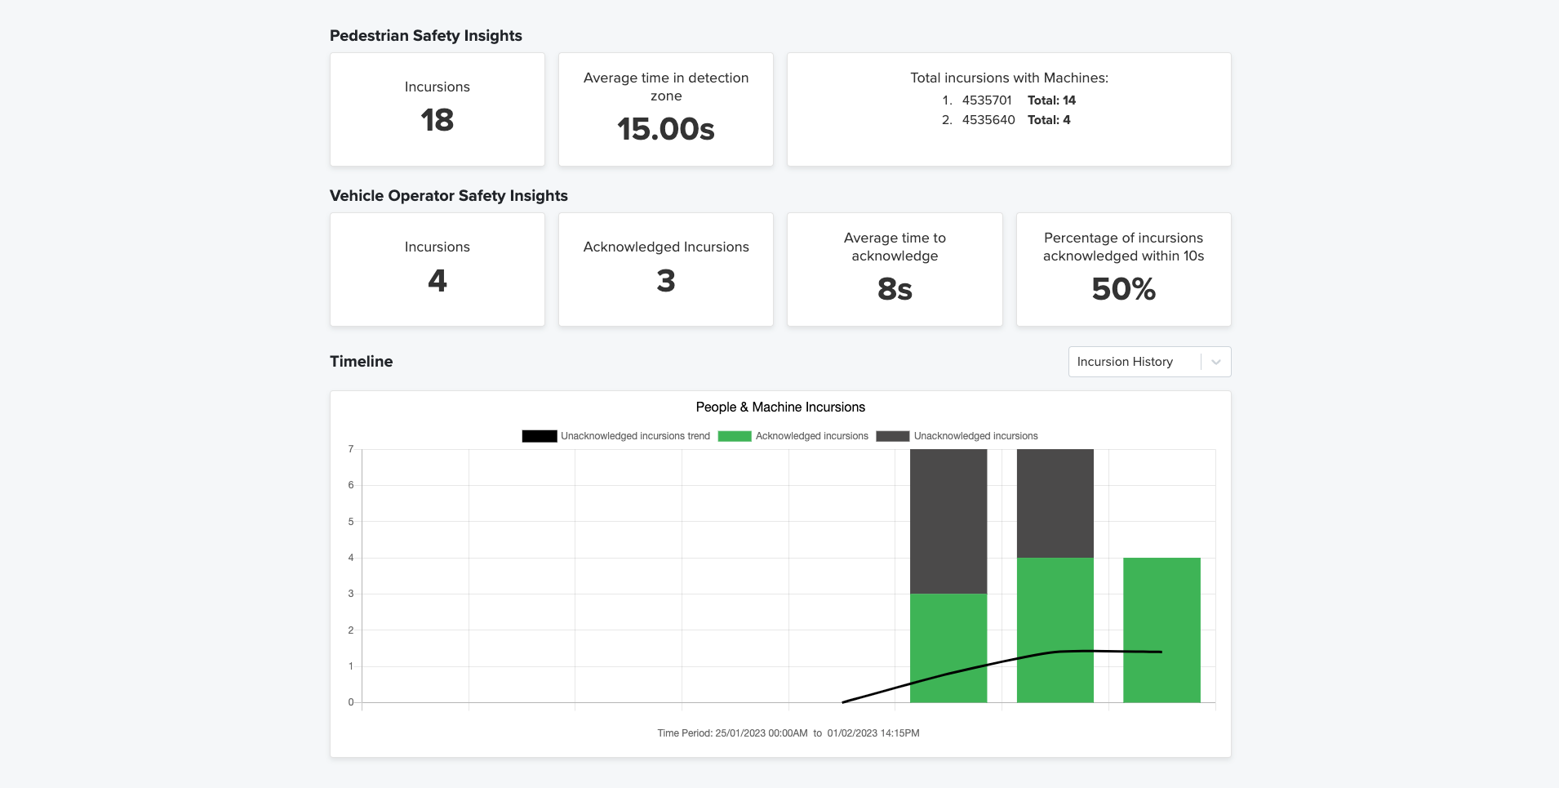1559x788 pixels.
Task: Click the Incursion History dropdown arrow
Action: pyautogui.click(x=1215, y=362)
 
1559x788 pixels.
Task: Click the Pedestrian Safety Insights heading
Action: pyautogui.click(x=425, y=36)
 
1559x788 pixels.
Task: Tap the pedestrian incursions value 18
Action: pyautogui.click(x=437, y=121)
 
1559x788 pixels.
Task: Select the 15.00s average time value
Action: pyautogui.click(x=665, y=129)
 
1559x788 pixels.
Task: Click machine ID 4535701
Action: pyautogui.click(x=986, y=100)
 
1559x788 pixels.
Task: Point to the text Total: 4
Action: pyautogui.click(x=1048, y=120)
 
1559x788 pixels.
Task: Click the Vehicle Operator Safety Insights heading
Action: pyautogui.click(x=448, y=196)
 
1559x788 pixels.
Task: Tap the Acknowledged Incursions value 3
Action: pyautogui.click(x=665, y=281)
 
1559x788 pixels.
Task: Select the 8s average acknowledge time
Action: pyautogui.click(x=894, y=289)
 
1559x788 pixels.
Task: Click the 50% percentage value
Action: pyautogui.click(x=1123, y=289)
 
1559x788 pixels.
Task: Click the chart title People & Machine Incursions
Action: pyautogui.click(x=779, y=407)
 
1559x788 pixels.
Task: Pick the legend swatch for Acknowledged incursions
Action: pyautogui.click(x=734, y=436)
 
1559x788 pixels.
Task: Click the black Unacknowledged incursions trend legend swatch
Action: pyautogui.click(x=539, y=436)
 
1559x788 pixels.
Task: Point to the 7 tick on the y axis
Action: pyautogui.click(x=351, y=449)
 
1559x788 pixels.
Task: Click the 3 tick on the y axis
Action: pyautogui.click(x=351, y=594)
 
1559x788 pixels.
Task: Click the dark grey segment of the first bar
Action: pyautogui.click(x=948, y=521)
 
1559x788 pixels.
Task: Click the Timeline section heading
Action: pyautogui.click(x=361, y=362)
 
